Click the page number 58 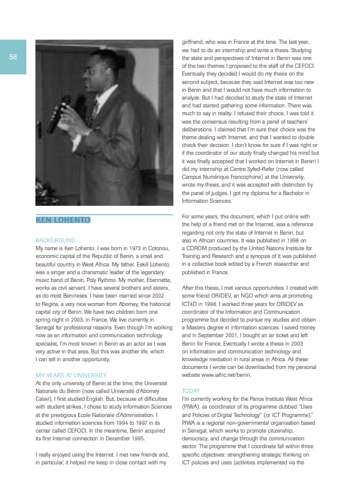(13, 56)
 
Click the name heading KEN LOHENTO (62, 220)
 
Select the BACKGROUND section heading (55, 240)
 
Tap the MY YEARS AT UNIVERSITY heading (71, 376)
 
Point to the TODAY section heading (191, 391)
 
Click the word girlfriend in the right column (194, 43)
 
